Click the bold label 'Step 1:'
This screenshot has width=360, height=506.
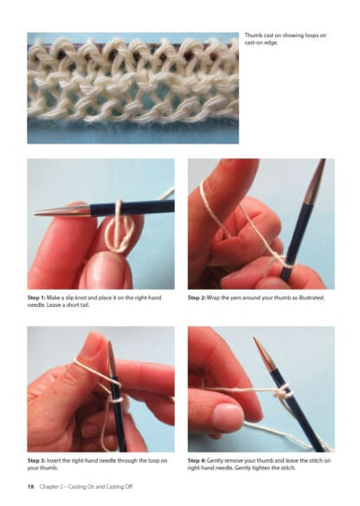coord(35,298)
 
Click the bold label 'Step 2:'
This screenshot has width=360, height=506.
coord(196,298)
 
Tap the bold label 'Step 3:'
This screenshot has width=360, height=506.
coord(36,461)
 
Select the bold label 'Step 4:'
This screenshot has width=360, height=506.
coord(196,461)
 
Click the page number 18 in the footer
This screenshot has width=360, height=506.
coord(30,487)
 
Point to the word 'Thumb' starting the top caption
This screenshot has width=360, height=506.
coord(252,35)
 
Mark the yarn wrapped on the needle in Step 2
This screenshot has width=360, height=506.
coord(286,263)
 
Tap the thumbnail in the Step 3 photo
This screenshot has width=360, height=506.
coord(93,347)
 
